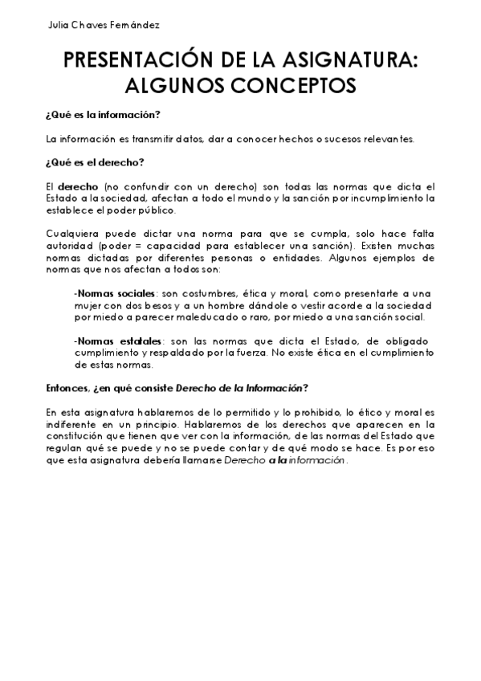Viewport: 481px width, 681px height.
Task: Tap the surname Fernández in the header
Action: coord(137,25)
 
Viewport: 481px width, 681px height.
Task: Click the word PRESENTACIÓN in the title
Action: coord(149,60)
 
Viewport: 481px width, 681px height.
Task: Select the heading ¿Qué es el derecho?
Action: coord(95,163)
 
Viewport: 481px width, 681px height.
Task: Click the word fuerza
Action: coord(262,353)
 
